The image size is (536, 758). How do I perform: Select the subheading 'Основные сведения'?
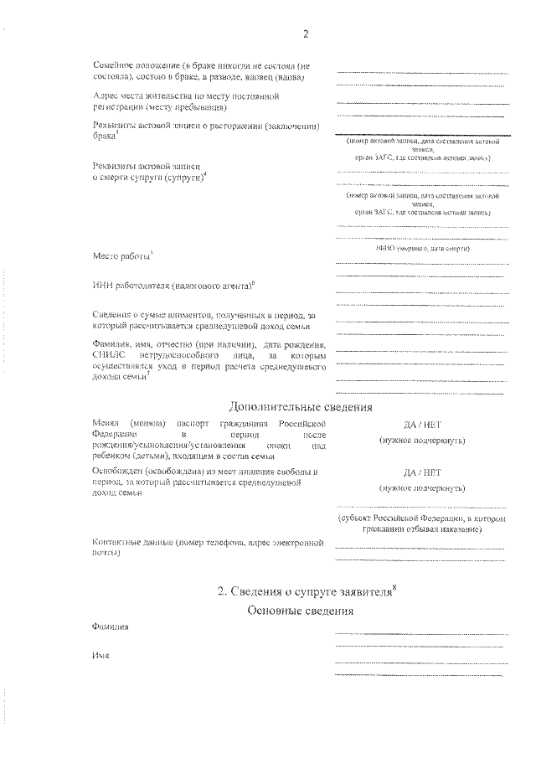(x=301, y=612)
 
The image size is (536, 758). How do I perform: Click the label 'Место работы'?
(x=120, y=254)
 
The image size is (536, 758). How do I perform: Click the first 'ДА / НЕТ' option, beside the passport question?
(x=420, y=425)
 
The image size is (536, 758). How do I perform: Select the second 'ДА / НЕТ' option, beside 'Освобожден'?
(x=420, y=472)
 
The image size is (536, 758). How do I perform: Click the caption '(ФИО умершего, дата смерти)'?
(x=420, y=249)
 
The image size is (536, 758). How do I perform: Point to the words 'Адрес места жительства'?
(x=150, y=96)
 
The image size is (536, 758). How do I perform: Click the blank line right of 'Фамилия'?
(x=419, y=633)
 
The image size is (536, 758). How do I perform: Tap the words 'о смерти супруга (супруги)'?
(x=147, y=178)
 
